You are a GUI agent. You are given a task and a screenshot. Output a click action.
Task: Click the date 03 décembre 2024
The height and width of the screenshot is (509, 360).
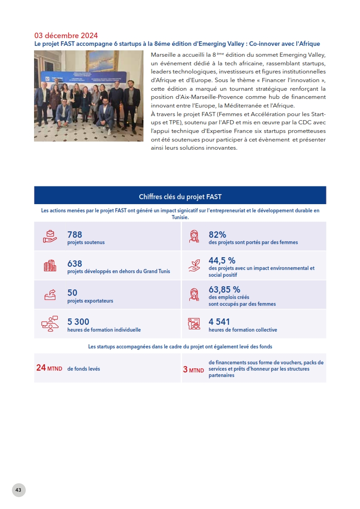pos(66,35)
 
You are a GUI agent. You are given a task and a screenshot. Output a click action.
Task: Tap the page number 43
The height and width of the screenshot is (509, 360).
pos(19,490)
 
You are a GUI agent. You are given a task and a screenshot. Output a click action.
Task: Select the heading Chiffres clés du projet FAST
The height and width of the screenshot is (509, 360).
pos(180,196)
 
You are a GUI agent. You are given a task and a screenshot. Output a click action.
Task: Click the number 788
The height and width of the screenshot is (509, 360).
pos(74,235)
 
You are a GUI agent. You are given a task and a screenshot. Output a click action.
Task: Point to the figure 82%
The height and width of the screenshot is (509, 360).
pos(217,235)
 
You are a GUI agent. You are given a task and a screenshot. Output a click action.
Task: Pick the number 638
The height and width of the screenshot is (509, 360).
pos(74,264)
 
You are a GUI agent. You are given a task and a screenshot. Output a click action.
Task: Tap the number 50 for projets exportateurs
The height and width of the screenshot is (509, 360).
pos(72,293)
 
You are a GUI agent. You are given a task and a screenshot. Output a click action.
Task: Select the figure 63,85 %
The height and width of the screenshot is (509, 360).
pos(224,289)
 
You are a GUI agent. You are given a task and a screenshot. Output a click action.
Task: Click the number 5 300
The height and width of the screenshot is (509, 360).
pos(78,322)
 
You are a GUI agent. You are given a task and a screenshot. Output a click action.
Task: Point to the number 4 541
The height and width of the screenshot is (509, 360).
pos(219,322)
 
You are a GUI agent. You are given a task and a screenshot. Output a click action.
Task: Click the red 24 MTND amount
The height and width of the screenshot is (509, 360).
pos(49,368)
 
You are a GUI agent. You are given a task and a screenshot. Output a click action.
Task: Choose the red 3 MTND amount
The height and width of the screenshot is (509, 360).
pos(193,370)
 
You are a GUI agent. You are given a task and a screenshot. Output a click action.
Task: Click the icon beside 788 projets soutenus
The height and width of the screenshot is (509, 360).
pos(50,236)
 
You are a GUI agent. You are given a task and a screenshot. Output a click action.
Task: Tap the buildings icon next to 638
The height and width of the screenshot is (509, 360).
pos(50,266)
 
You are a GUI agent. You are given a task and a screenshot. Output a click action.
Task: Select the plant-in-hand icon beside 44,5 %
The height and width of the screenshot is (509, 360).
pos(194,266)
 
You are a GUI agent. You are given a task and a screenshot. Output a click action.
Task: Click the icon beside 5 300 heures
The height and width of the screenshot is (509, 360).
pos(49,324)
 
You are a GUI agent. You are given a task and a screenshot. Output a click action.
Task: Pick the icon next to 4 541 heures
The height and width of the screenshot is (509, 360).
pos(194,324)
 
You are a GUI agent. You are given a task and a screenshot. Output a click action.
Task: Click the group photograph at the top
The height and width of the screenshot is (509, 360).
pos(89,96)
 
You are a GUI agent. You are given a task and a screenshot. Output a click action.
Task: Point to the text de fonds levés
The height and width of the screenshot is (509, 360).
pos(84,369)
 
